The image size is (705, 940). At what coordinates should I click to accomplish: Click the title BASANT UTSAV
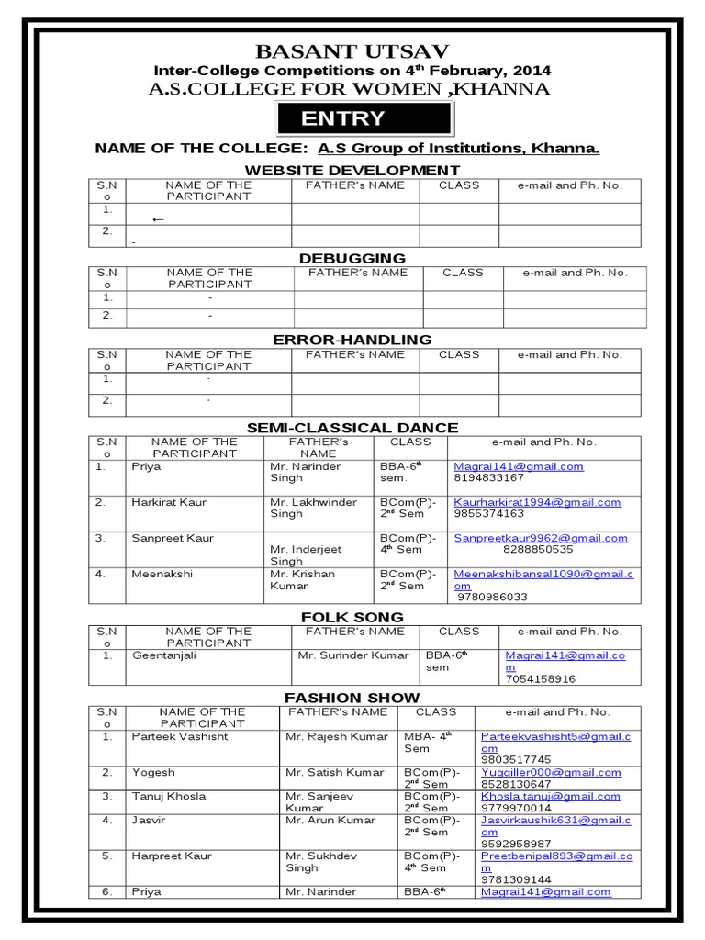click(352, 51)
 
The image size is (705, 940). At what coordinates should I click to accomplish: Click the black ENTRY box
click(364, 119)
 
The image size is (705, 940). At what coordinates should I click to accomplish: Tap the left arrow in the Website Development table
click(158, 219)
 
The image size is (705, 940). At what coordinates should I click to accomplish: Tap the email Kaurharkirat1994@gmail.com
click(537, 502)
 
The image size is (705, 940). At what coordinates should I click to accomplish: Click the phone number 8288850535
click(538, 549)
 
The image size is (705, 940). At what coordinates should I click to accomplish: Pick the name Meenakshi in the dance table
click(162, 574)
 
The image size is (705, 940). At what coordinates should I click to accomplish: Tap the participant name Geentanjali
click(164, 655)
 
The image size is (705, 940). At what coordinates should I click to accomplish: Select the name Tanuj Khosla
click(169, 796)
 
